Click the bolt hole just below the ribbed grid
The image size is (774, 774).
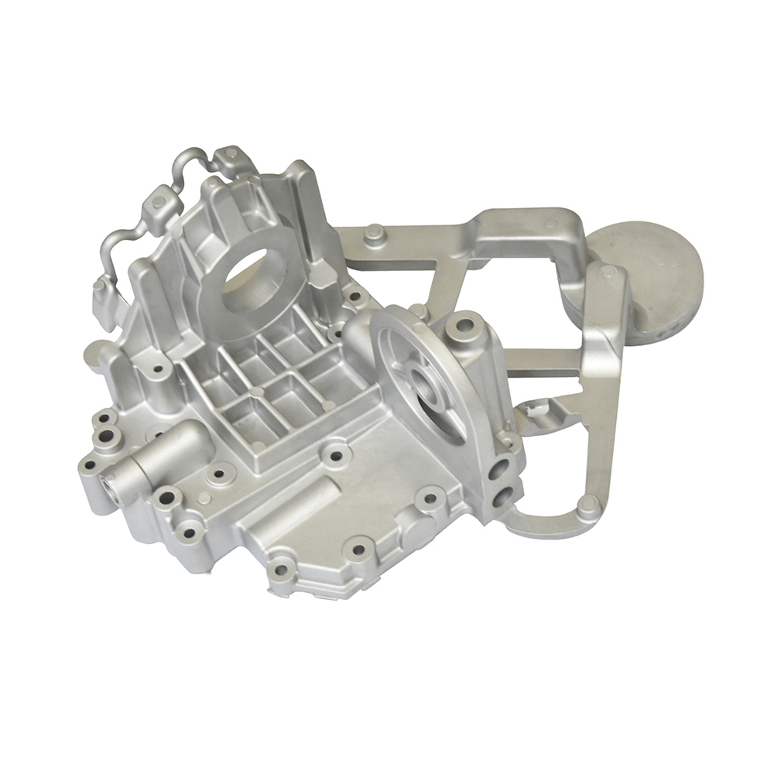[x=335, y=454]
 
